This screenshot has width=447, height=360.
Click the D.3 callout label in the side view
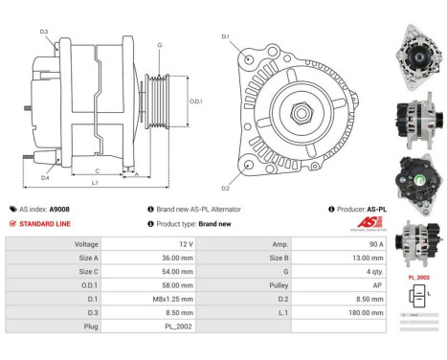(x=44, y=33)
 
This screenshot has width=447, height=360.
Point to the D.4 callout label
(x=45, y=177)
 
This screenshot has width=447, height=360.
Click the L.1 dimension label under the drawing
(x=94, y=182)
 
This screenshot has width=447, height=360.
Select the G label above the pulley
(x=159, y=45)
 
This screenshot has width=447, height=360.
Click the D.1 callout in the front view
(x=226, y=37)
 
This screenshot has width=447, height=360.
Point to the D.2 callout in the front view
(x=226, y=188)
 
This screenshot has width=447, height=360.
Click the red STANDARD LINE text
(x=47, y=223)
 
